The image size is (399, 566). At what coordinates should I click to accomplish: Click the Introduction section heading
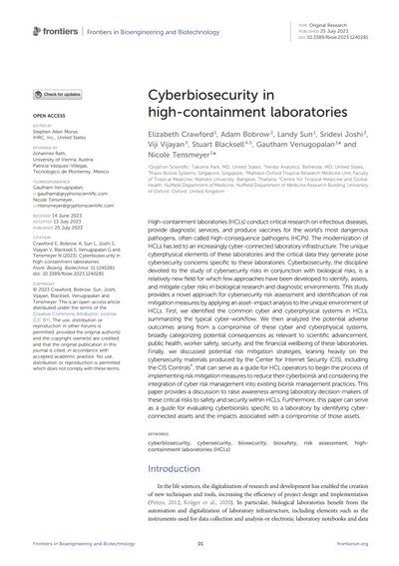click(x=179, y=467)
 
